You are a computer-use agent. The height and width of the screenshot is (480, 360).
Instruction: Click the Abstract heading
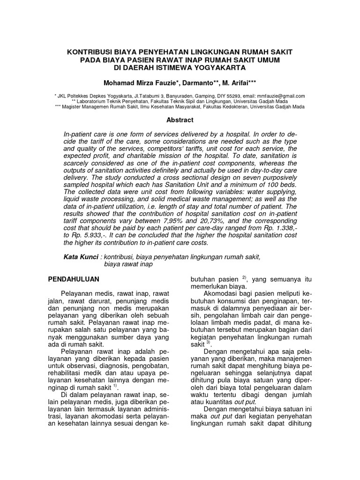coord(180,120)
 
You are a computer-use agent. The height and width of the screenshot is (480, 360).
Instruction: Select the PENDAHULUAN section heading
coord(74,279)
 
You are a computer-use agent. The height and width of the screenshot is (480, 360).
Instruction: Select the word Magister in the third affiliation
coord(78,107)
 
